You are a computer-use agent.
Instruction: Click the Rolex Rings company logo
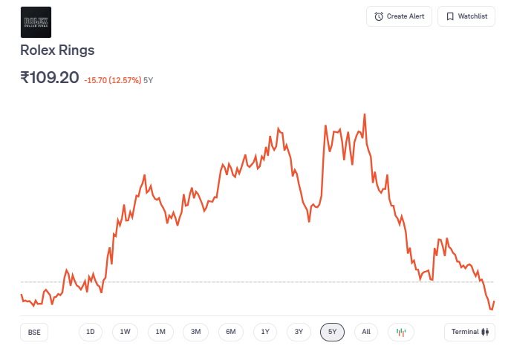pos(36,22)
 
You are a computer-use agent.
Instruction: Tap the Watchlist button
pos(466,16)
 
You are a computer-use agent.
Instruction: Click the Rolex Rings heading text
pos(58,50)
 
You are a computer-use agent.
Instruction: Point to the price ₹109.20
pos(50,77)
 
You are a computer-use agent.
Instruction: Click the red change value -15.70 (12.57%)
pos(112,80)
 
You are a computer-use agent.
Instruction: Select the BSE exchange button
pos(34,332)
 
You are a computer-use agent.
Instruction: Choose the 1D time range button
pos(91,332)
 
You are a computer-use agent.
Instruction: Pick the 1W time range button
pos(125,332)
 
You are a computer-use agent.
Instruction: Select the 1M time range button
pos(160,332)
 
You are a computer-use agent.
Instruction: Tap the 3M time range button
pos(195,332)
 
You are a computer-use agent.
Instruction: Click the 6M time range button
pos(231,332)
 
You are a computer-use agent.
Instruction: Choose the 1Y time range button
pos(265,332)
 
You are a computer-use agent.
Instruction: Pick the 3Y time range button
pos(299,332)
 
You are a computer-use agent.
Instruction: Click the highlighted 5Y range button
pos(332,332)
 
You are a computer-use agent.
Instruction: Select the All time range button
pos(366,332)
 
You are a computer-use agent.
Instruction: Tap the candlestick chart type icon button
pos(401,332)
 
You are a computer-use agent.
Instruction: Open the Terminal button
pos(469,332)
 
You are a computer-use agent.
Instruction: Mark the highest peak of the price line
pos(365,115)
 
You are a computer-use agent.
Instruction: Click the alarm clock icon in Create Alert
pos(379,16)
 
